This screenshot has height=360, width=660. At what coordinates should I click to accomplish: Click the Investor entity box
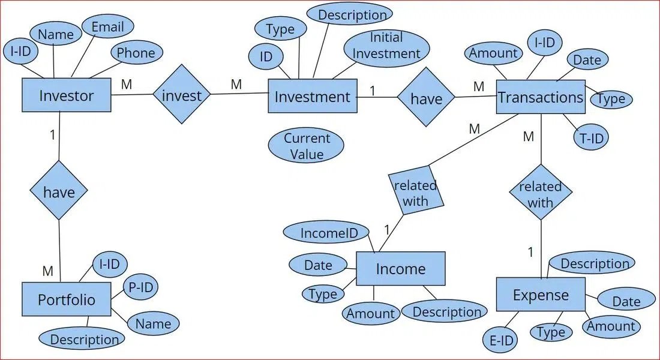(x=67, y=95)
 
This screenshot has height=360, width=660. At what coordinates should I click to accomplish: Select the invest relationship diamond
(x=181, y=94)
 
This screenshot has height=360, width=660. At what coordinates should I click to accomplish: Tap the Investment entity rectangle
(x=313, y=96)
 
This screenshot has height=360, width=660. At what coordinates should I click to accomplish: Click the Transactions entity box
(x=541, y=97)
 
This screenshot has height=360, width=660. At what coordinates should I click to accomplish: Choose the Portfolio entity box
(x=67, y=299)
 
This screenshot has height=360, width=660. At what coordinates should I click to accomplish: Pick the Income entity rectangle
(x=401, y=269)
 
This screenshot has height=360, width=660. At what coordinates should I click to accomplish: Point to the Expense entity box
(x=541, y=295)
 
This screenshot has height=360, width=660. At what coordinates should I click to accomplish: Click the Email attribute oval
(x=108, y=26)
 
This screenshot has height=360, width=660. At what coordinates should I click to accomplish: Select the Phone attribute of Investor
(x=136, y=53)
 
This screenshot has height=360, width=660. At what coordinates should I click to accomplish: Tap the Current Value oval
(x=306, y=145)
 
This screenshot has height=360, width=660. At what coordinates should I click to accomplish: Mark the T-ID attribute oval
(x=591, y=137)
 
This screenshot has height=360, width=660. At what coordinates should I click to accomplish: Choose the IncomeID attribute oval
(x=326, y=232)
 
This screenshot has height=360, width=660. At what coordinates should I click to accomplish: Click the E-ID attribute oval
(x=500, y=340)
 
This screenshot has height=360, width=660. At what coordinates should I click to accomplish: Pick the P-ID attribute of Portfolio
(x=140, y=287)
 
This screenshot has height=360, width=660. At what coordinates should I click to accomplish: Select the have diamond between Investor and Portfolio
(x=59, y=191)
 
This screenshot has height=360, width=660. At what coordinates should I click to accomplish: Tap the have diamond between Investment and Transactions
(x=426, y=97)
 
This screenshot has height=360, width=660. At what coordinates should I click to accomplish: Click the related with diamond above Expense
(x=541, y=192)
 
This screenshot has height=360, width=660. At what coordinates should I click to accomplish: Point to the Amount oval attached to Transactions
(x=494, y=53)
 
